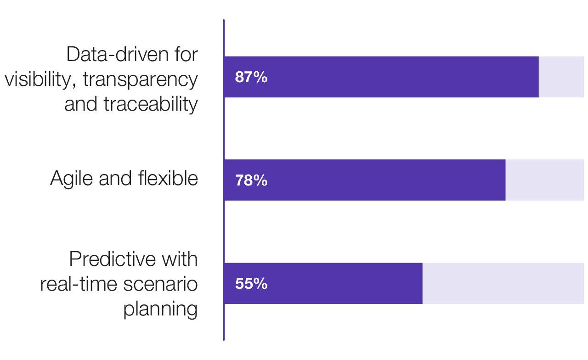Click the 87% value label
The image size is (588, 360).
click(x=251, y=77)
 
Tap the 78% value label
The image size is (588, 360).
click(x=251, y=180)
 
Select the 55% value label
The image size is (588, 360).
click(x=251, y=284)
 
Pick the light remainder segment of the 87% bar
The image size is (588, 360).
click(x=561, y=77)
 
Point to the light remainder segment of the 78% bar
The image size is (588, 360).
click(x=544, y=180)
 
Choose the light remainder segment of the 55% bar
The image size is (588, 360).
click(x=503, y=283)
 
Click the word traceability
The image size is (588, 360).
click(x=151, y=104)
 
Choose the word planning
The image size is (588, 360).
click(x=160, y=309)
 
